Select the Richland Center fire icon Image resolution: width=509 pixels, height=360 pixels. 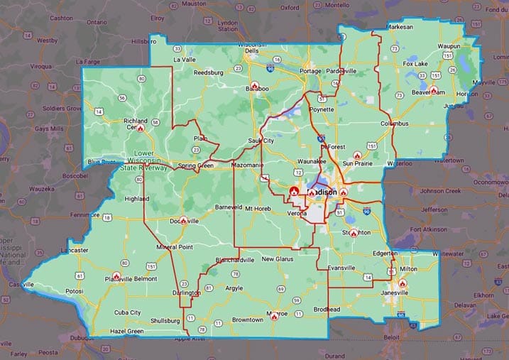(141, 129)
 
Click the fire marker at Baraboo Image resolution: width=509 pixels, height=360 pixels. (254, 86)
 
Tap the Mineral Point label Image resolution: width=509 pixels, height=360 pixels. (175, 247)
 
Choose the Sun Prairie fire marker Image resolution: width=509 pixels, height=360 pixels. (357, 155)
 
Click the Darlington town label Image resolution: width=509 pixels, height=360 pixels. (186, 293)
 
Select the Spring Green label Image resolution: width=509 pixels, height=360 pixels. (195, 166)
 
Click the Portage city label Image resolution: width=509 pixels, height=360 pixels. (311, 71)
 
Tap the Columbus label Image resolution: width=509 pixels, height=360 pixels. (394, 124)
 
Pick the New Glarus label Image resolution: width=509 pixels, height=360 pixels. (277, 259)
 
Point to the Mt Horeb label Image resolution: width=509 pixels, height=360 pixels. (258, 209)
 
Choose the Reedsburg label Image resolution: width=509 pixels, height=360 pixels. (209, 72)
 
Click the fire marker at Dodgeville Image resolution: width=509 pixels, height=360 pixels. (184, 221)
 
